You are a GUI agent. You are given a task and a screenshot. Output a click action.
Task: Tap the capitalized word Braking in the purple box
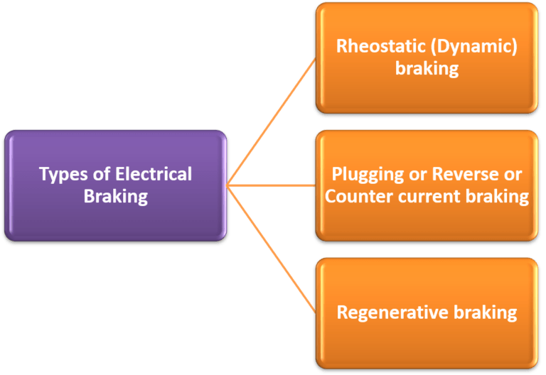click(116, 197)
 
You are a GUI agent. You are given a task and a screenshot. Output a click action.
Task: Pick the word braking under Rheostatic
click(427, 69)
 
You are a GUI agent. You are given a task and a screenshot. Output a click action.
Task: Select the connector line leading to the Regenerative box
click(270, 249)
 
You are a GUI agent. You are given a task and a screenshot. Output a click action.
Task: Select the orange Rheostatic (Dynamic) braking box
click(427, 92)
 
